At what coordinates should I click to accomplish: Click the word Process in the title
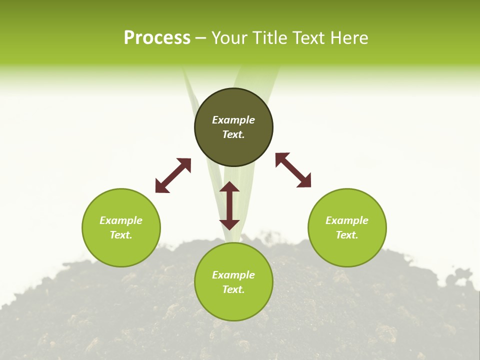tap(157, 38)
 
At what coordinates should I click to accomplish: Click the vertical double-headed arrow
tap(229, 205)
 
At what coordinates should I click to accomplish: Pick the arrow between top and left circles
tap(173, 175)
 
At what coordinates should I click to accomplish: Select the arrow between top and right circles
tap(293, 170)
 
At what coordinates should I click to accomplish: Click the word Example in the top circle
tap(233, 120)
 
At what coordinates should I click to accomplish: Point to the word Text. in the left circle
tap(121, 235)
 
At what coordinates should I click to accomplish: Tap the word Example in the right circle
tap(347, 220)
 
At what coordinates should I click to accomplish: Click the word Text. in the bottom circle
tap(233, 289)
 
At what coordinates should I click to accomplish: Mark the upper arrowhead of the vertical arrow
tap(229, 187)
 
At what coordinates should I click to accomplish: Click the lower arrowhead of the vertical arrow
tap(229, 224)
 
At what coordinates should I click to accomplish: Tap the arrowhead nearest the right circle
tap(304, 181)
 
